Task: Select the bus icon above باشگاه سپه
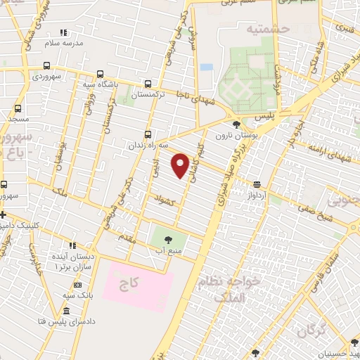(99, 75)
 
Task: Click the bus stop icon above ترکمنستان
(148, 83)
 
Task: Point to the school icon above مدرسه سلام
(63, 32)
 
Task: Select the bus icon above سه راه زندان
(147, 134)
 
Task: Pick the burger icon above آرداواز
(258, 184)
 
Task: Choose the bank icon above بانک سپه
(77, 285)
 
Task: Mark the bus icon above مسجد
(17, 109)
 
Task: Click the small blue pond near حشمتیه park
(206, 67)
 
